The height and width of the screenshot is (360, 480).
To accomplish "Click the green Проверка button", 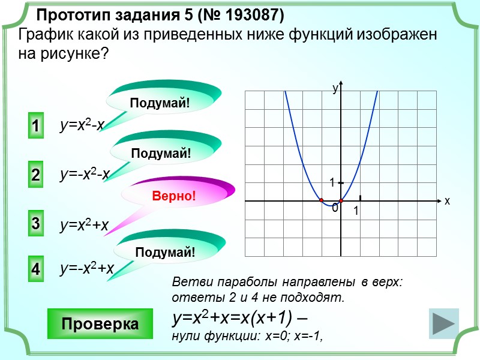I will (100, 323).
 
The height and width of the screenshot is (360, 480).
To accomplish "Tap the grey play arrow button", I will (444, 324).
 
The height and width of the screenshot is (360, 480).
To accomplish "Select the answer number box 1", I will (36, 127).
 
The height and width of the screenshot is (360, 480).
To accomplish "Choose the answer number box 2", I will (36, 175).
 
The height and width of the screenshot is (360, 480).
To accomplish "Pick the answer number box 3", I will (36, 224).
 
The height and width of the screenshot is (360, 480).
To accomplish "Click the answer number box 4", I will (36, 269).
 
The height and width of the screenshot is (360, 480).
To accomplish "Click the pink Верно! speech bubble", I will (174, 196).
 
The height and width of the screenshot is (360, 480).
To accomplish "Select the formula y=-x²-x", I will (85, 174).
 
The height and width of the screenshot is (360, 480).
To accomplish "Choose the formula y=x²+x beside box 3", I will (83, 225).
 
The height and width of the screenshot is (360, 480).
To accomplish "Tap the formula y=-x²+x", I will (86, 269).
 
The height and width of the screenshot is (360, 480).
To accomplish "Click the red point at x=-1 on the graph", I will (322, 200).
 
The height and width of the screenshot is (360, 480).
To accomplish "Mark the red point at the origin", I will (341, 200).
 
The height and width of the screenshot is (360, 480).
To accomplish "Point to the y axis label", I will (335, 88).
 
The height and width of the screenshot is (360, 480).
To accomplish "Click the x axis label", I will (447, 202).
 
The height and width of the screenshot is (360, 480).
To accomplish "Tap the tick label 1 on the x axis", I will (356, 212).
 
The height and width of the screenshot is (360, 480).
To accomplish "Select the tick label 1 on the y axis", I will (331, 182).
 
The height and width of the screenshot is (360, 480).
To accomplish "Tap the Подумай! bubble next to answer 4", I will (165, 252).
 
